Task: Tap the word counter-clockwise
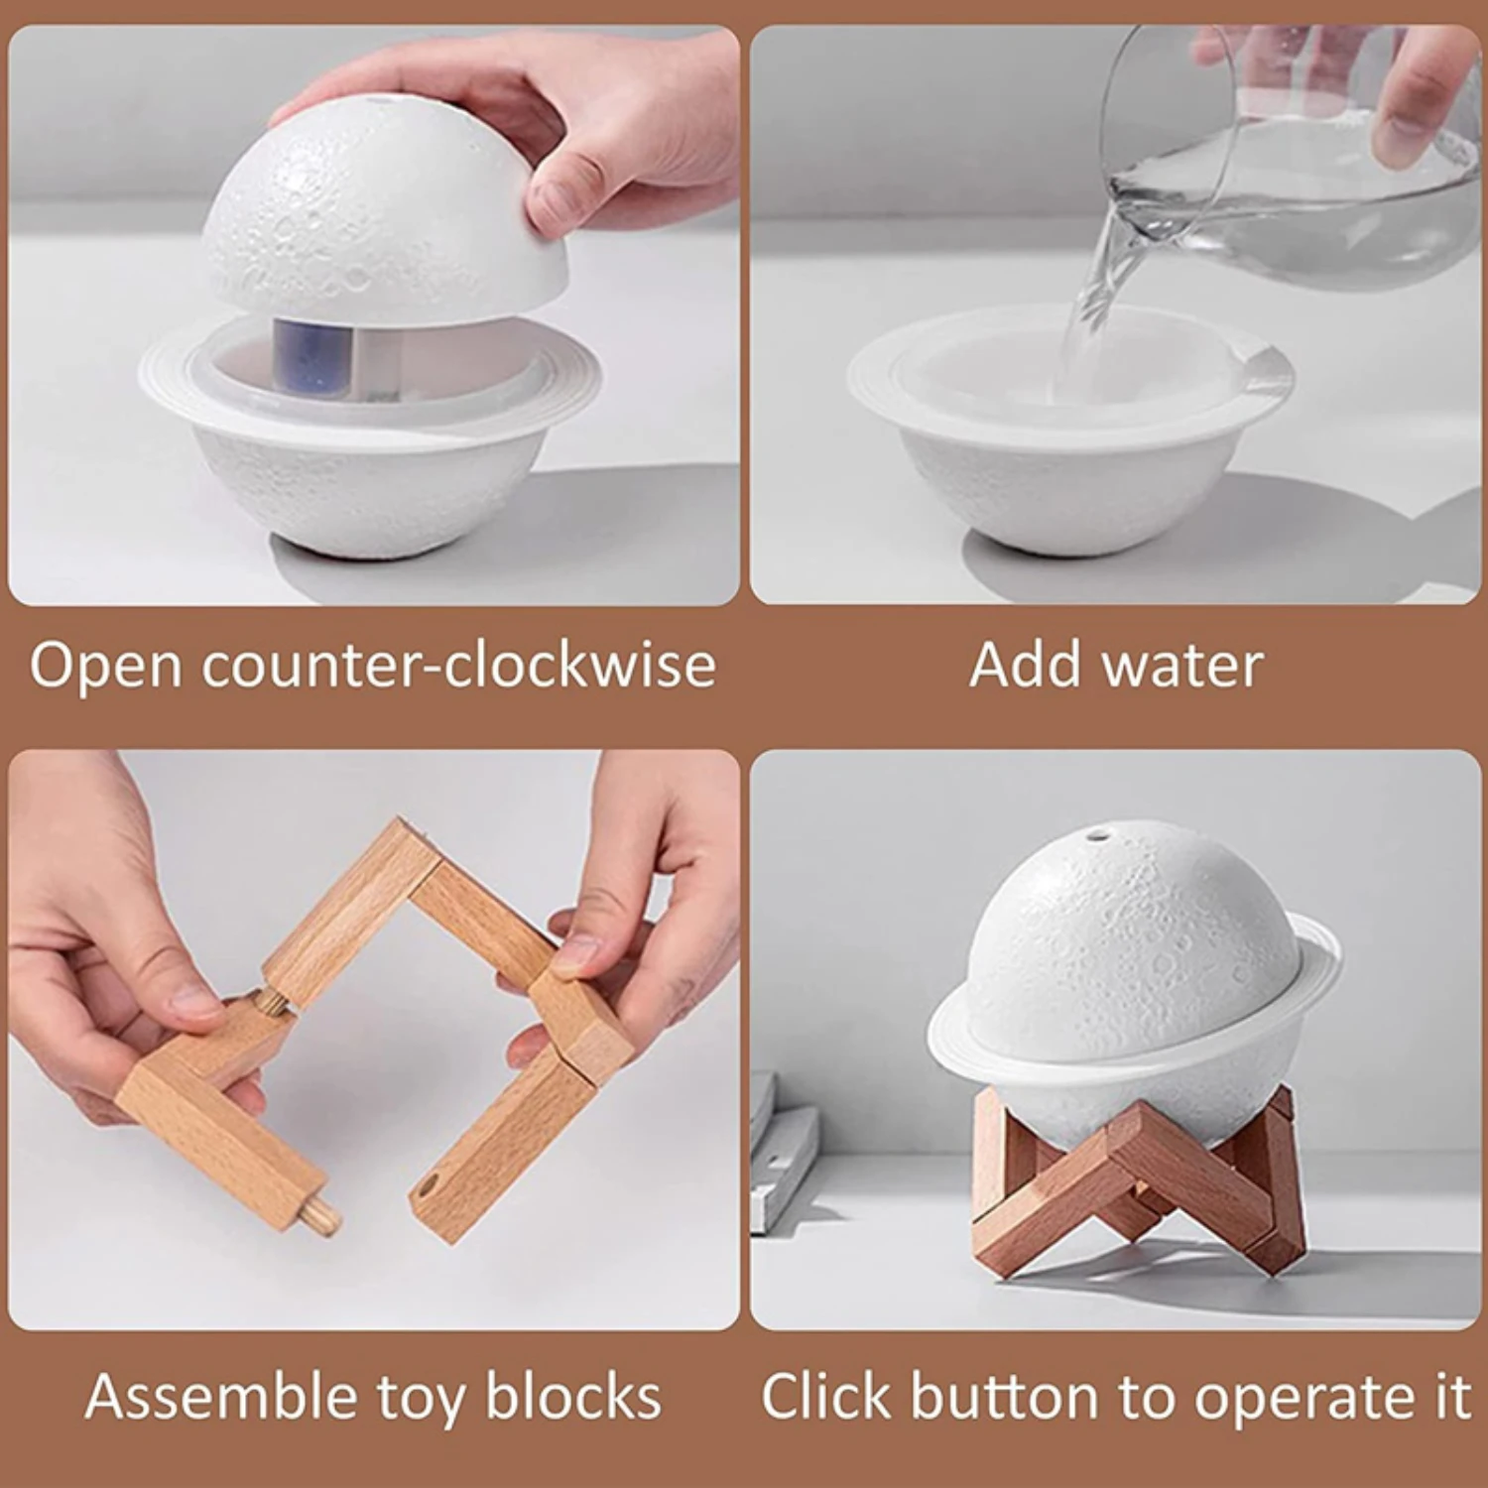(x=458, y=666)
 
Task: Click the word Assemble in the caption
(x=220, y=1397)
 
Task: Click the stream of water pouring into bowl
(x=1091, y=298)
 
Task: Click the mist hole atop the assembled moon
(x=1096, y=835)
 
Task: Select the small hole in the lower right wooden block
(x=429, y=1186)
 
